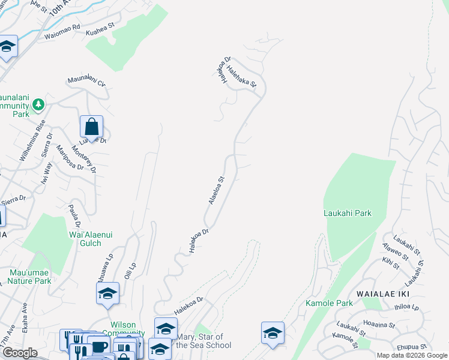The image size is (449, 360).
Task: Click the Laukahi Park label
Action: [347, 213]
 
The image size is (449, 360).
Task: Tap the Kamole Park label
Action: [329, 304]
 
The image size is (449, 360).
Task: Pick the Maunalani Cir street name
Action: [86, 81]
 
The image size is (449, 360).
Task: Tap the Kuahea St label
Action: [100, 29]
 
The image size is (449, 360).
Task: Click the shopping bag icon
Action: [91, 127]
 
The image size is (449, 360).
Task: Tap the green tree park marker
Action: [38, 106]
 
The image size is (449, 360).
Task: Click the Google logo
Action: [20, 353]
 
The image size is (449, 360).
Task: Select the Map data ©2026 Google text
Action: [411, 355]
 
